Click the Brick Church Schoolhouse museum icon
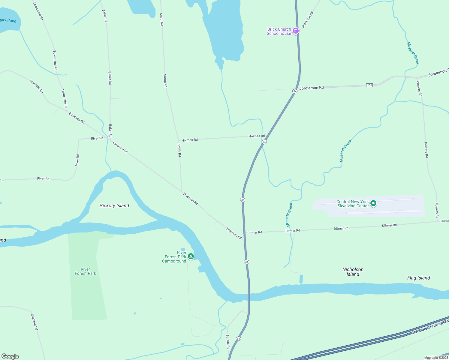pyautogui.click(x=296, y=31)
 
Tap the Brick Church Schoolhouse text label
pyautogui.click(x=279, y=31)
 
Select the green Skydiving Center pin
pyautogui.click(x=373, y=203)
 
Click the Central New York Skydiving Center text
pyautogui.click(x=353, y=204)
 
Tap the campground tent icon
pyautogui.click(x=191, y=256)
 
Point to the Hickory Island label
pyautogui.click(x=114, y=205)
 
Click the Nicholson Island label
pyautogui.click(x=353, y=272)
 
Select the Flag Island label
pyautogui.click(x=418, y=278)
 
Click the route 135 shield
pyautogui.click(x=369, y=85)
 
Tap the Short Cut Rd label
pyautogui.click(x=307, y=20)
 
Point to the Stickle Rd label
pyautogui.click(x=228, y=342)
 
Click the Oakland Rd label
pyautogui.click(x=35, y=322)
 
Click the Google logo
pyautogui.click(x=10, y=356)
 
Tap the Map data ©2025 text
pyautogui.click(x=436, y=358)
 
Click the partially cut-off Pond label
pyautogui.click(x=8, y=20)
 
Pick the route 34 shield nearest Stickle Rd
pyautogui.click(x=238, y=339)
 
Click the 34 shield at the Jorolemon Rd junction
pyautogui.click(x=295, y=91)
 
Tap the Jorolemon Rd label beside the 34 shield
pyautogui.click(x=312, y=88)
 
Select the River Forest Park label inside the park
pyautogui.click(x=86, y=271)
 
